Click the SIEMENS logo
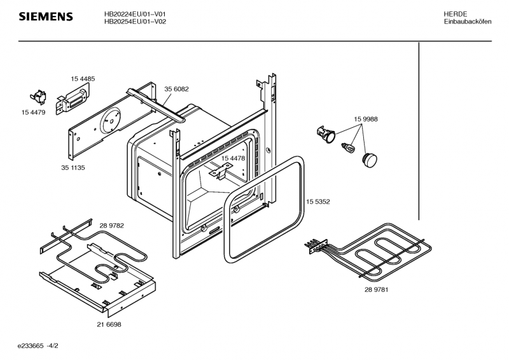tap(46, 17)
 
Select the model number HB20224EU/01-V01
tap(135, 14)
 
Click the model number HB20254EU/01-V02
tap(135, 22)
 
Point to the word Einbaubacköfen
tap(468, 22)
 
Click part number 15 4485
tap(83, 79)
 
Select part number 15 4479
tap(34, 113)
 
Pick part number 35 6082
tap(176, 89)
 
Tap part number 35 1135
tap(73, 167)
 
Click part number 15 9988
tap(365, 119)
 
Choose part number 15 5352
tap(317, 202)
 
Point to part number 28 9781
tap(376, 289)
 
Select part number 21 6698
tap(109, 324)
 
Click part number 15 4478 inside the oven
tap(233, 158)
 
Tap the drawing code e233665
tap(31, 346)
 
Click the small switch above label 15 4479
tap(38, 97)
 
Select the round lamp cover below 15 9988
tap(370, 160)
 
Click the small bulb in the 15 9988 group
tap(348, 147)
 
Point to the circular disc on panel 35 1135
tap(109, 120)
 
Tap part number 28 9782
tap(112, 226)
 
